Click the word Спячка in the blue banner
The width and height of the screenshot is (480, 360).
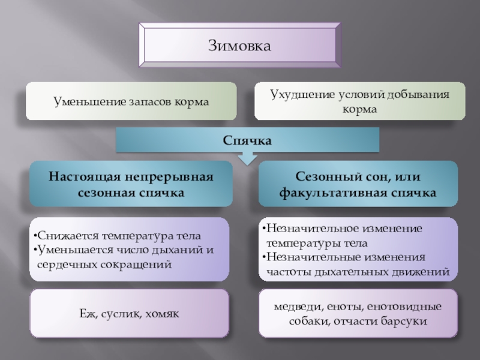(x=248, y=140)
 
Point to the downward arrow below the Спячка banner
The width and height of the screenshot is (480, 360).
(x=247, y=158)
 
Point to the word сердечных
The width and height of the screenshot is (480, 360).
(x=66, y=264)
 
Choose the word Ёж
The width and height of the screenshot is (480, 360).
(x=86, y=314)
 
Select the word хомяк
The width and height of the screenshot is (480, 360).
(x=159, y=314)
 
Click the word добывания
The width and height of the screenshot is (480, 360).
(x=416, y=95)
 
